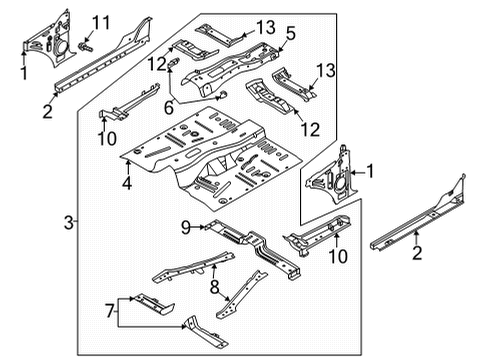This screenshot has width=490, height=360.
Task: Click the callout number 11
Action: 101,23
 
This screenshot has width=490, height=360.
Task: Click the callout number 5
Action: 290,34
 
